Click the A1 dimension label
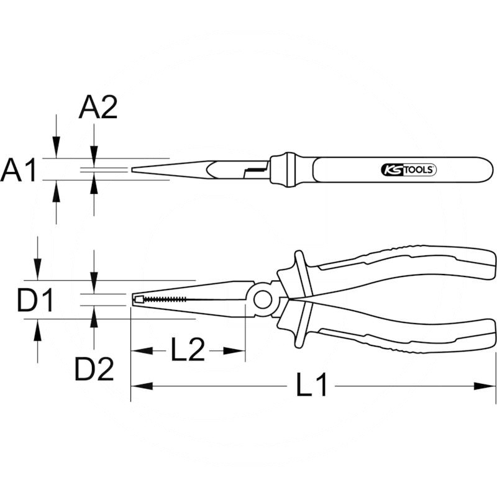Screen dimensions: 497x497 [x=19, y=170]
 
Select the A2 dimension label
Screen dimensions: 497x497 [x=98, y=109]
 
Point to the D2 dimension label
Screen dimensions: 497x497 [x=94, y=370]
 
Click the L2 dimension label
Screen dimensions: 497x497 [x=188, y=351]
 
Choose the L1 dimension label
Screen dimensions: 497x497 [x=311, y=386]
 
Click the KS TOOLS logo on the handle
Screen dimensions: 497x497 [x=408, y=170]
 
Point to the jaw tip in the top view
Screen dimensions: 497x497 [x=134, y=169]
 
